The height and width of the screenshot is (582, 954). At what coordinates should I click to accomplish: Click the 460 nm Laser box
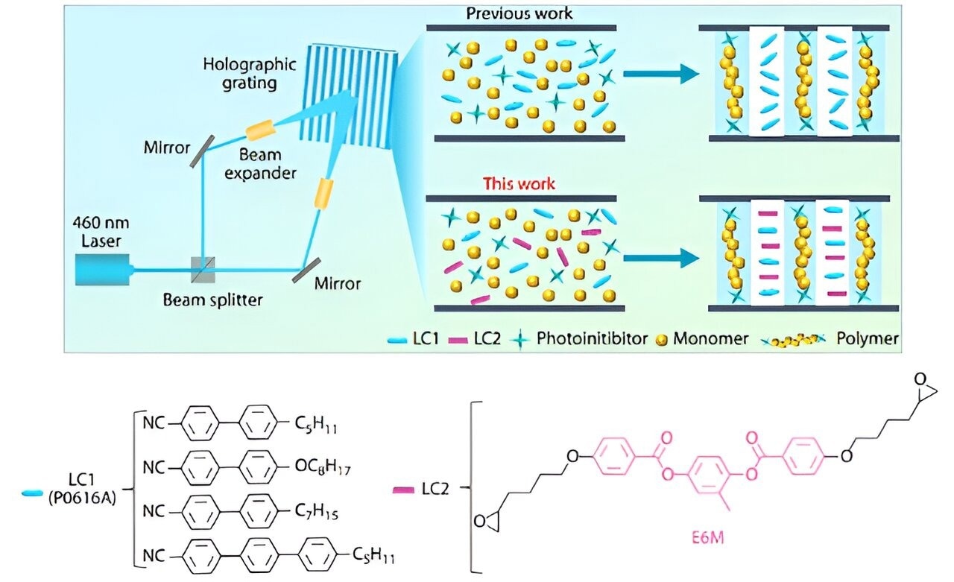point(103,270)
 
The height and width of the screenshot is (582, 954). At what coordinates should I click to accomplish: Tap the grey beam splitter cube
point(203,270)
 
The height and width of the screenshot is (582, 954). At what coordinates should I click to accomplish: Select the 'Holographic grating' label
point(249,73)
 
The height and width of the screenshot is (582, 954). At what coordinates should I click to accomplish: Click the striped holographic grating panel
point(350,97)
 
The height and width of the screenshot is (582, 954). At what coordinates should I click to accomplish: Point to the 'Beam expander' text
point(260,164)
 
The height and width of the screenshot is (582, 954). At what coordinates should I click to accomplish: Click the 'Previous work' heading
point(519,13)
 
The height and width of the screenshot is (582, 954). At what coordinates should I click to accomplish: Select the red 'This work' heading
point(519,184)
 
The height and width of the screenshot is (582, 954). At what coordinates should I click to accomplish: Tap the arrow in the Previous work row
point(660,74)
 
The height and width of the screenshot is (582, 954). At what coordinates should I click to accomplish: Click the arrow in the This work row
point(660,258)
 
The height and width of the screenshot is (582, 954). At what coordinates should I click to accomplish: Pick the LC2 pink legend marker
point(458,340)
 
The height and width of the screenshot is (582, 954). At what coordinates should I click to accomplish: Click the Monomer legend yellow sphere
point(661,340)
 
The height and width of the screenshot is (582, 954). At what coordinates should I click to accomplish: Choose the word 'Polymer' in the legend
point(867,339)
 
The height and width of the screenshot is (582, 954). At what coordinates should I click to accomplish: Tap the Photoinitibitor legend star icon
point(519,340)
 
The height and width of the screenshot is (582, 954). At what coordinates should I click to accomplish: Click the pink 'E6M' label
point(707,538)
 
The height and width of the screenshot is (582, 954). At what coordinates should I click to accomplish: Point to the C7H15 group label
point(317,511)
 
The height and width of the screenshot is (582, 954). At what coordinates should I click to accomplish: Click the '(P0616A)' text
point(82,498)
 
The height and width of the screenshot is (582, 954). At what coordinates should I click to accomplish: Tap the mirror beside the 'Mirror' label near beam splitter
point(306,271)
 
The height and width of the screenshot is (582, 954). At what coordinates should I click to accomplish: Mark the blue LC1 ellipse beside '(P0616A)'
point(32,493)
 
